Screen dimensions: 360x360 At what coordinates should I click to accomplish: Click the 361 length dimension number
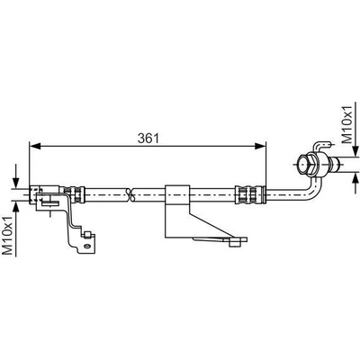tap(148, 138)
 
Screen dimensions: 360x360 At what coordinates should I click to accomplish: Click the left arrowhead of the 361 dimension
tap(35, 146)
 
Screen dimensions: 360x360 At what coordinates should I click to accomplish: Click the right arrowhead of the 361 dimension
tap(260, 146)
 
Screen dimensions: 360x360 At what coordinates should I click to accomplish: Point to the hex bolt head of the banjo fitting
tap(305, 164)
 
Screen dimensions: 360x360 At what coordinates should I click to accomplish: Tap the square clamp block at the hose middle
tap(177, 195)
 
